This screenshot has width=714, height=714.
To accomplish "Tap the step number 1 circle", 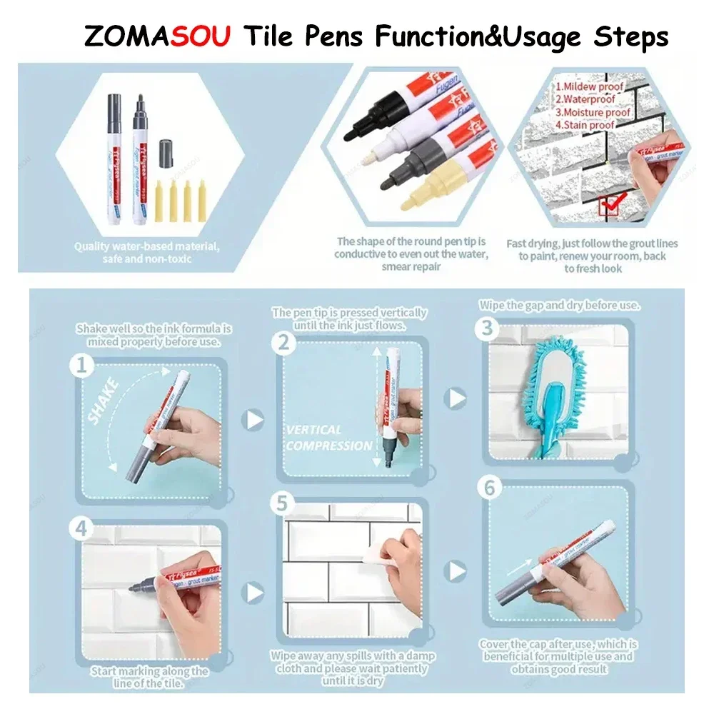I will click(x=81, y=366).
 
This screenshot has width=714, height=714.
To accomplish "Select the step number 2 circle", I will click(x=284, y=343).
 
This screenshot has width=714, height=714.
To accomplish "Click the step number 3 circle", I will click(x=488, y=328).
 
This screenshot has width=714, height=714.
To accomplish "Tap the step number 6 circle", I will click(x=489, y=488).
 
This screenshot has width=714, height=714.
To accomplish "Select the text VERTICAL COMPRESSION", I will click(x=328, y=438).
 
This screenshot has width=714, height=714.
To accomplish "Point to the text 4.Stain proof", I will click(x=585, y=125).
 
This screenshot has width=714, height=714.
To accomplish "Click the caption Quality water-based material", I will click(x=147, y=246).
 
